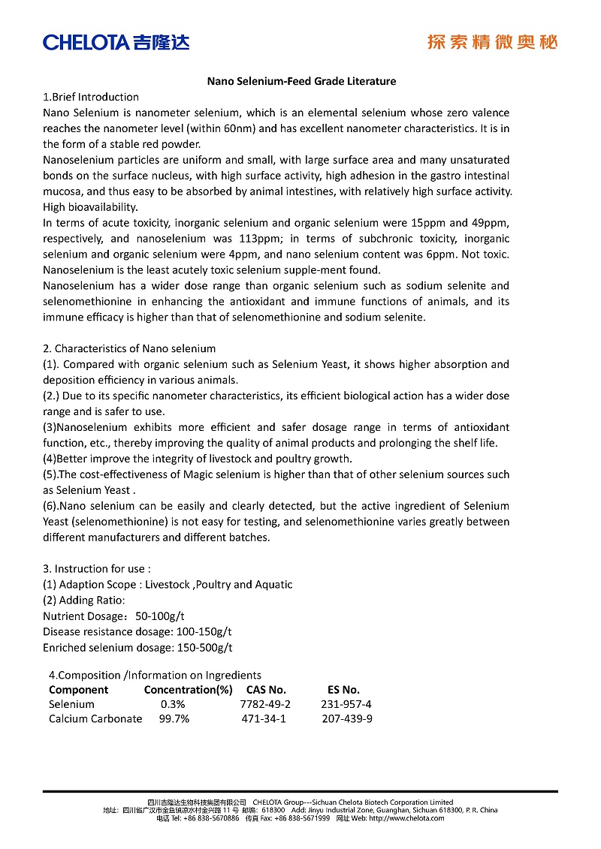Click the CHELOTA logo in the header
116,42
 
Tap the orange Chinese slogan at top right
492,42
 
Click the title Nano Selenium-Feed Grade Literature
301,81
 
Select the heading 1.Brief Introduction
91,97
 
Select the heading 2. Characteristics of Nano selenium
129,348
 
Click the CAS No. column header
266,689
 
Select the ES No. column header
343,689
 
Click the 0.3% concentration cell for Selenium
173,704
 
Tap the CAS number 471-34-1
263,718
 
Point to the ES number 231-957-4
346,704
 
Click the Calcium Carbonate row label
95,718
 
